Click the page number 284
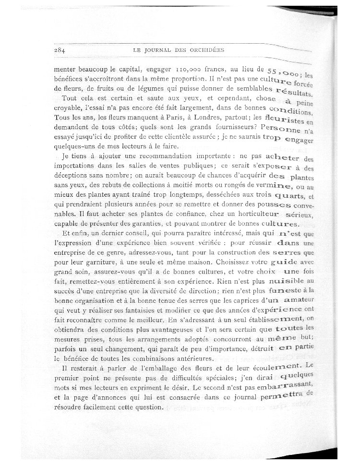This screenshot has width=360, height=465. click(60, 49)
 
